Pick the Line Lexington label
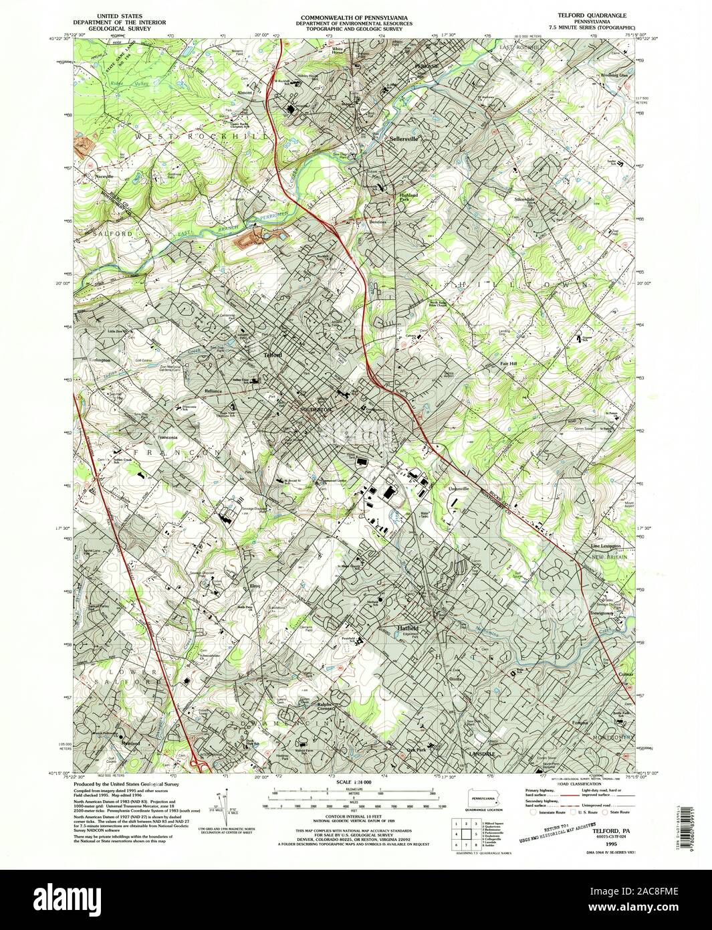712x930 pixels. [x=606, y=546]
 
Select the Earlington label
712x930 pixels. [x=98, y=359]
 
